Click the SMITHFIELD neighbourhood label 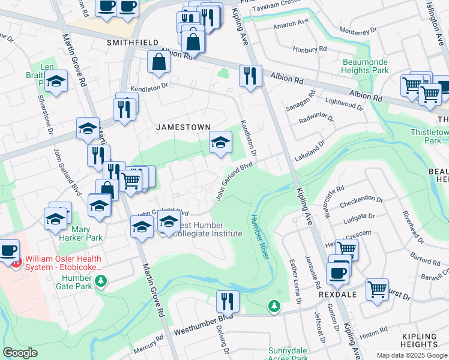(132, 43)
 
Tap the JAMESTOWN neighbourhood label (183, 127)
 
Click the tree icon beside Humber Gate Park (101, 280)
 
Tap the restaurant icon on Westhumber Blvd (228, 300)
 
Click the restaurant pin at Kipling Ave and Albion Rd (250, 75)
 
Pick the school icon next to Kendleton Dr (220, 142)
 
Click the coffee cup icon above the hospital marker (8, 250)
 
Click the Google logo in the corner (20, 353)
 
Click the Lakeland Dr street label (310, 150)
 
